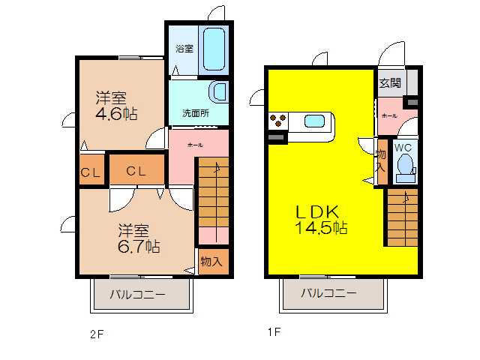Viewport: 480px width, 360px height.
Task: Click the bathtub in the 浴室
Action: [214, 49]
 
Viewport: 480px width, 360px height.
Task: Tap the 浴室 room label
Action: [184, 48]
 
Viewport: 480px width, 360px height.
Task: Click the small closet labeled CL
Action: [91, 172]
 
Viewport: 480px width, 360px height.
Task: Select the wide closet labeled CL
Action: [136, 170]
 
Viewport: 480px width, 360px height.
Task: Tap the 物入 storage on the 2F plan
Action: [211, 261]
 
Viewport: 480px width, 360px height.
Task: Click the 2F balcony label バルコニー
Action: [138, 294]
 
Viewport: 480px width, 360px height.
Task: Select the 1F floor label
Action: [275, 331]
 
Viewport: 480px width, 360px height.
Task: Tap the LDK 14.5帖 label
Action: [320, 218]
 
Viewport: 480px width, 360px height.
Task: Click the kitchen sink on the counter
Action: [314, 121]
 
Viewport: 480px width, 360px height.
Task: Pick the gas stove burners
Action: [277, 120]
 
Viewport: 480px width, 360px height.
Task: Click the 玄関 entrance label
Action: [389, 82]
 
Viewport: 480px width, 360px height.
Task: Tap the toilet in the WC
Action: [406, 166]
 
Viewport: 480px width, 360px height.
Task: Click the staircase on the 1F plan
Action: [402, 217]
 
